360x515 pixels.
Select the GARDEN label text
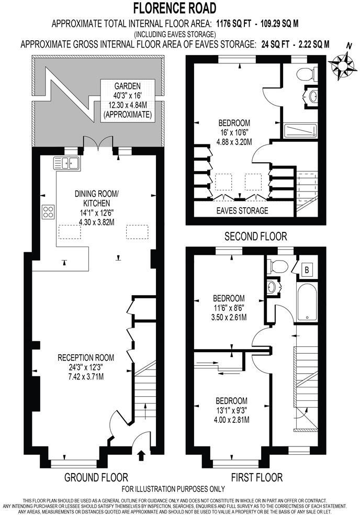coord(128,86)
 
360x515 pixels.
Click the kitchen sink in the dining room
coord(66,163)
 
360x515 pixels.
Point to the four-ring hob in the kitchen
coord(49,211)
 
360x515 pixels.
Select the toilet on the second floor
coord(304,74)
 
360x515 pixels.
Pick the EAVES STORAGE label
coord(242,211)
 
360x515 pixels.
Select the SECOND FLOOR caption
coord(255,237)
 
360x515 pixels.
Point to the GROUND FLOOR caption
coord(96,477)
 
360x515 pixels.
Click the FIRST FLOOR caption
coord(256,477)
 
